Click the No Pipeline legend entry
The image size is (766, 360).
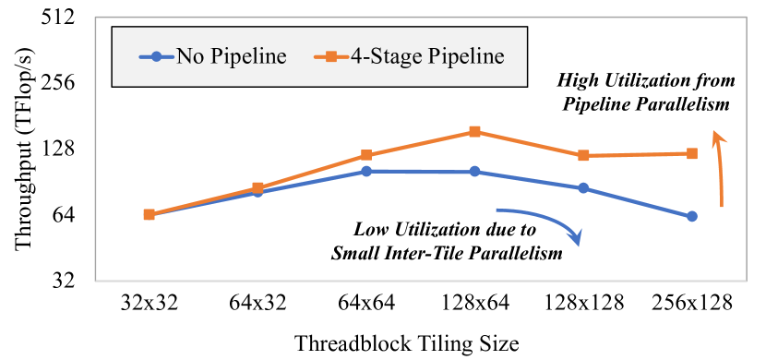pos(213,56)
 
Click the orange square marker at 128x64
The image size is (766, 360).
pos(474,132)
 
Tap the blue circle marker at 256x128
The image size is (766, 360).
pos(692,216)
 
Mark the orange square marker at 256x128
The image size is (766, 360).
pos(692,153)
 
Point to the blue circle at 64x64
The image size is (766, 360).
pos(366,172)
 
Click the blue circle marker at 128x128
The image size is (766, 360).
pos(583,188)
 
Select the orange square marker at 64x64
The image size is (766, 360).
pos(366,155)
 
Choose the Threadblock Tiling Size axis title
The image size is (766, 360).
pos(407,342)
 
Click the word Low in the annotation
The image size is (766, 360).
pos(372,229)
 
